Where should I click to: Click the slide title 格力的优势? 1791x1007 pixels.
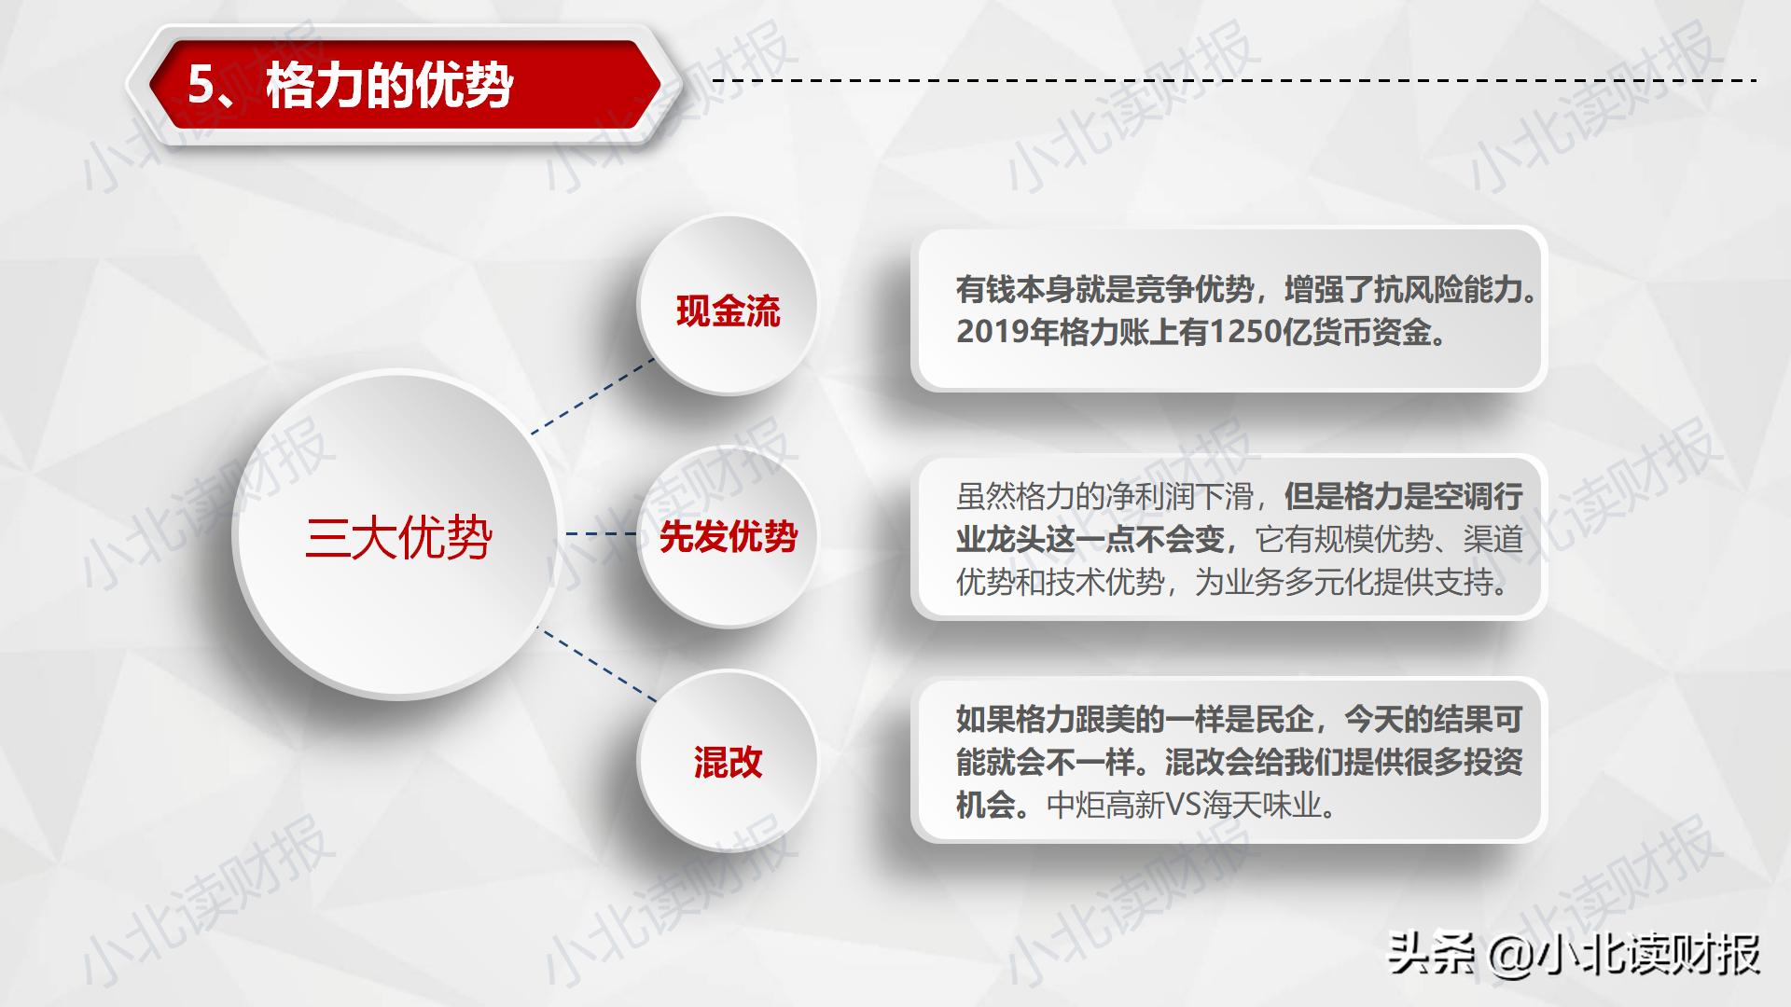[x=390, y=87]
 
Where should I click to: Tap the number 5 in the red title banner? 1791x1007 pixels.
[x=201, y=86]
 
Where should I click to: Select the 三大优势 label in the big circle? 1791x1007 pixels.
[x=398, y=537]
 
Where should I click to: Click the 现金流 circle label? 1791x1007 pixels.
[x=728, y=311]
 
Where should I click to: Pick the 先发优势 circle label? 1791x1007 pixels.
[x=728, y=537]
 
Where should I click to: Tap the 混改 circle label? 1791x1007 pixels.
[x=728, y=763]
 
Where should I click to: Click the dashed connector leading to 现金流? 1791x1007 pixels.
[x=594, y=395]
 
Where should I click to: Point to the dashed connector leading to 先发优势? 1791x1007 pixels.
[x=601, y=534]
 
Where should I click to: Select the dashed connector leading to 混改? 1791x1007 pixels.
[x=598, y=664]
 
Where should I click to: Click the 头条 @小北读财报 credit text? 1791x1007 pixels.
[x=1574, y=955]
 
